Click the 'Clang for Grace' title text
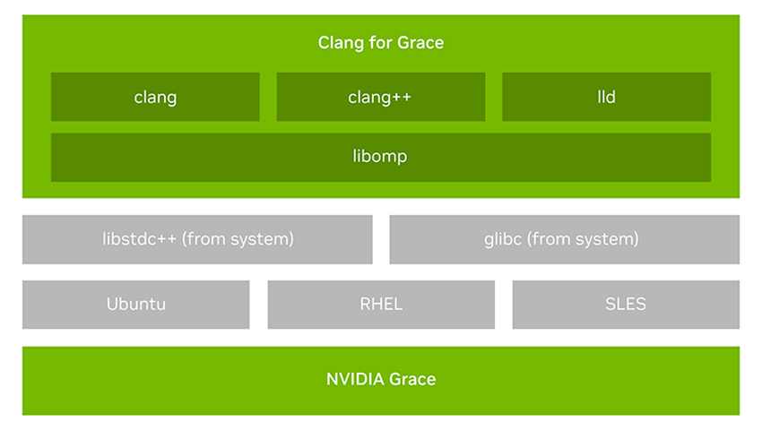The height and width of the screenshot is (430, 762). click(x=380, y=43)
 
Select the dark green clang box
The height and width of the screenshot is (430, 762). click(x=155, y=97)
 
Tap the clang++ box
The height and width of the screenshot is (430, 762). click(x=380, y=97)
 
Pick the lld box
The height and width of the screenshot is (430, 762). click(x=607, y=97)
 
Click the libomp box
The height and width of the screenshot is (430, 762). click(x=381, y=158)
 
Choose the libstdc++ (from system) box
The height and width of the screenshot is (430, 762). click(x=197, y=239)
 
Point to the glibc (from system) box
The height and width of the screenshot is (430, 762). click(x=564, y=239)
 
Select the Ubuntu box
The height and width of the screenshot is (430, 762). click(x=136, y=305)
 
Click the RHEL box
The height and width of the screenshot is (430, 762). click(x=381, y=305)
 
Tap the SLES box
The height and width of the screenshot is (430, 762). click(x=626, y=305)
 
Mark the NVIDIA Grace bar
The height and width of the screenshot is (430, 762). click(x=381, y=381)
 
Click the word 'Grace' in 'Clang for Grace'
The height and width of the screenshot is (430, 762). click(x=420, y=43)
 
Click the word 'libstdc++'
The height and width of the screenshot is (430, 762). click(x=139, y=239)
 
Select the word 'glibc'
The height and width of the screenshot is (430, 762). click(x=503, y=239)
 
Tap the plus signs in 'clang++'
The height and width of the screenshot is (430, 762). click(x=400, y=97)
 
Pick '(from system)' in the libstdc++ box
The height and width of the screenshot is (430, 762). click(x=238, y=239)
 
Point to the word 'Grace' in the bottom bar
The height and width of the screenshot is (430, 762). click(x=412, y=379)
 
